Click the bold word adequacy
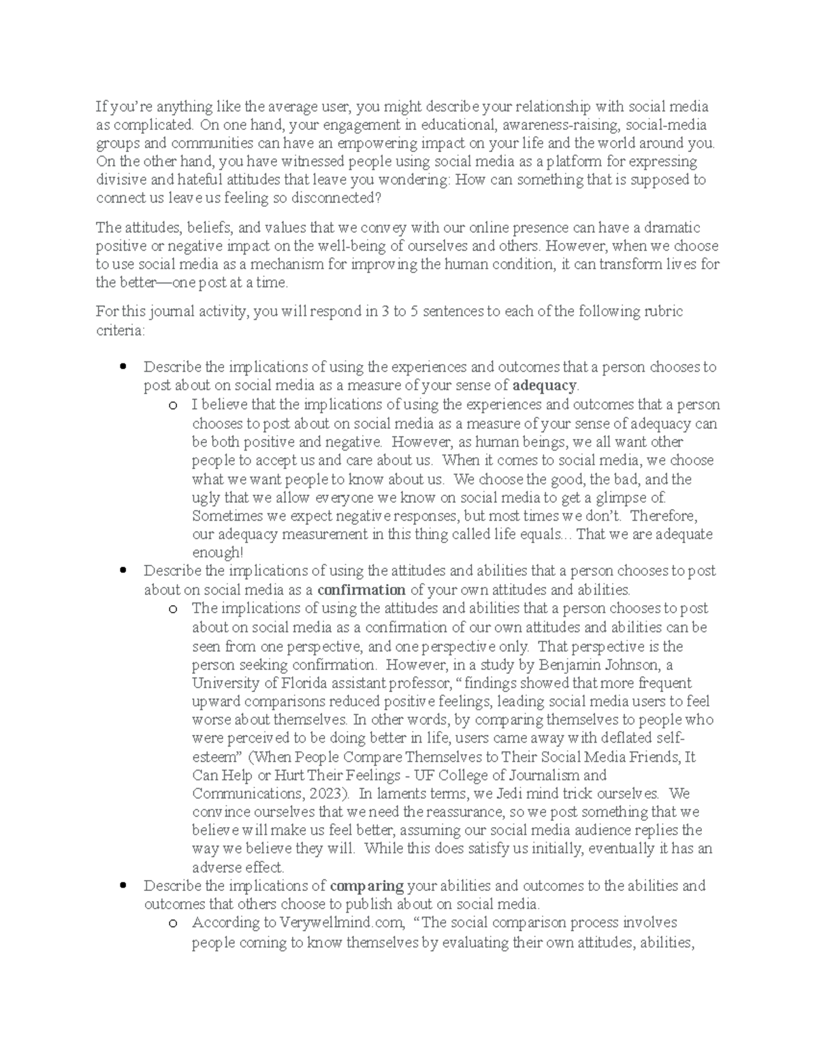click(545, 386)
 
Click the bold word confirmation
click(362, 589)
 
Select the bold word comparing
click(367, 885)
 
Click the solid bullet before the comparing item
click(123, 885)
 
